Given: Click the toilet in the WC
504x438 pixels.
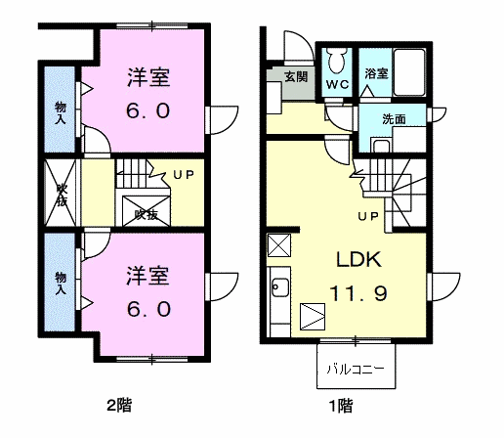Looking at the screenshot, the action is [337, 60].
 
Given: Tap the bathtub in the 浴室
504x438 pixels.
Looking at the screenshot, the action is [409, 72].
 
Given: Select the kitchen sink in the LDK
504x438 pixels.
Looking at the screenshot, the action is [279, 287].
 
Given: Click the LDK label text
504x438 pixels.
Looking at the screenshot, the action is [358, 260].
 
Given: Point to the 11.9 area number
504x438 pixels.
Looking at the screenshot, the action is [358, 293].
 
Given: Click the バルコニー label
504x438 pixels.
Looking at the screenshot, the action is [356, 370].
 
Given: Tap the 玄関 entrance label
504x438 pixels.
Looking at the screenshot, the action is [296, 77].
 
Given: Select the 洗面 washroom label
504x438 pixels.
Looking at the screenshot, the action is [394, 119].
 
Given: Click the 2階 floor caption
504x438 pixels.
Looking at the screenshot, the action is [119, 406].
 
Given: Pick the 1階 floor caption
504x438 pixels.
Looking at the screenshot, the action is [341, 406].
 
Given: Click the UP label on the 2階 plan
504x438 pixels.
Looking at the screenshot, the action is [184, 175].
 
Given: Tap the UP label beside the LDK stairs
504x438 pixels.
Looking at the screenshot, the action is [368, 216].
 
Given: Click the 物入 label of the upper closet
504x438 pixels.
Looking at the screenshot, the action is [61, 112].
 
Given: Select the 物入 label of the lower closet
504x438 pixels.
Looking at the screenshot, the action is [61, 284].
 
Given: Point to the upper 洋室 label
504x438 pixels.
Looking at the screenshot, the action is [148, 77].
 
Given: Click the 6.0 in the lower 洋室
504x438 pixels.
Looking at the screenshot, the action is [148, 309].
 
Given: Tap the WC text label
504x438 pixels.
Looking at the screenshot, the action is [338, 85].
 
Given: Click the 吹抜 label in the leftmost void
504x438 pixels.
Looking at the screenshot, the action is [61, 196].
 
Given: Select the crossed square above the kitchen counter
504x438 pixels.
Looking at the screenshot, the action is [279, 245].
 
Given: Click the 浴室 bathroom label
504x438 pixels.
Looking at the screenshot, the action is [376, 73].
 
